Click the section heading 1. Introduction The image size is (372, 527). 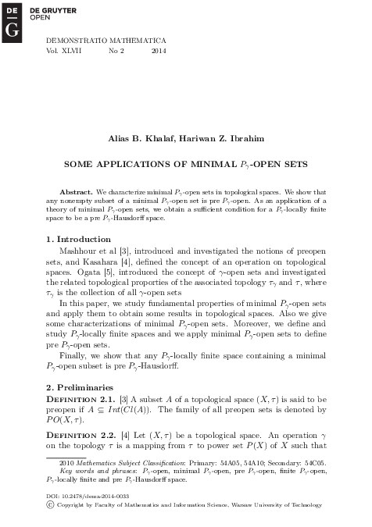78,238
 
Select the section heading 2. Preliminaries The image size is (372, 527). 80,387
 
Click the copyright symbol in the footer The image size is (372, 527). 51,505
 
